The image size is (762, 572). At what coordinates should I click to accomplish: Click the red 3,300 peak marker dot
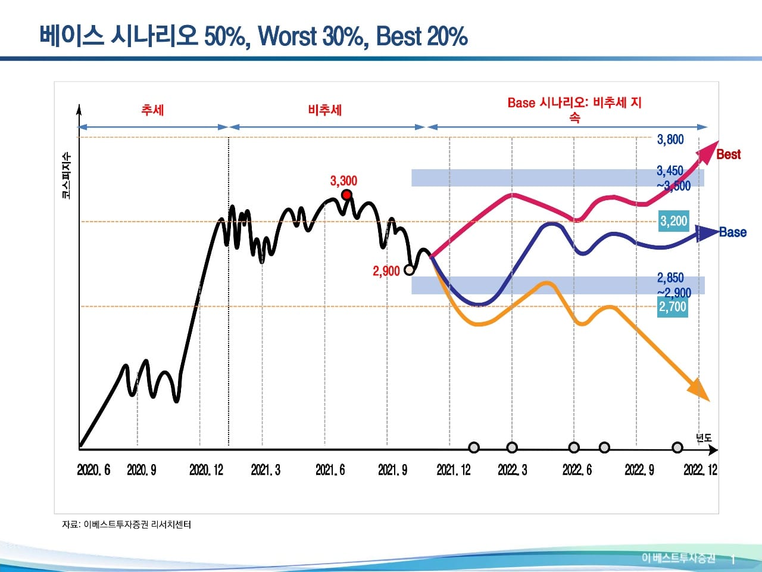[x=346, y=195]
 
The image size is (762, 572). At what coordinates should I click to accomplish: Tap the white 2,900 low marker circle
[x=409, y=270]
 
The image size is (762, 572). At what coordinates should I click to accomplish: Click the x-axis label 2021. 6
[x=330, y=470]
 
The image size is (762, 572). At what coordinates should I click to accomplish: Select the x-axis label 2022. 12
[x=700, y=470]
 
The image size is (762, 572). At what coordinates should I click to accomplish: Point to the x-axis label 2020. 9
[x=142, y=470]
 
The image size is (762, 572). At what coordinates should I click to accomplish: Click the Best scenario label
[x=728, y=154]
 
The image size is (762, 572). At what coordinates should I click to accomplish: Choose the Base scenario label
[x=732, y=232]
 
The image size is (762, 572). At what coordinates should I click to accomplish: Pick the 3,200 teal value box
[x=673, y=221]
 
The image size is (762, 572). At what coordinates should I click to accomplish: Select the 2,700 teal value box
[x=673, y=307]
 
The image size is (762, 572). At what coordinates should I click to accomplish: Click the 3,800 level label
[x=670, y=139]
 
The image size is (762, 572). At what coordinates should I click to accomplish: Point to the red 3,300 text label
[x=343, y=181]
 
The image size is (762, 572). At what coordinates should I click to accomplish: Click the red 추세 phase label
[x=152, y=110]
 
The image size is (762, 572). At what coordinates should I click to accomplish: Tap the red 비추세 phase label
[x=325, y=110]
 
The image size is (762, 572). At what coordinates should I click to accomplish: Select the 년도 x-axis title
[x=704, y=438]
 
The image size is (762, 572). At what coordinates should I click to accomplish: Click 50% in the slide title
[x=224, y=37]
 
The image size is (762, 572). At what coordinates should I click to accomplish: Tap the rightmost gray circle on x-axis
[x=677, y=447]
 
